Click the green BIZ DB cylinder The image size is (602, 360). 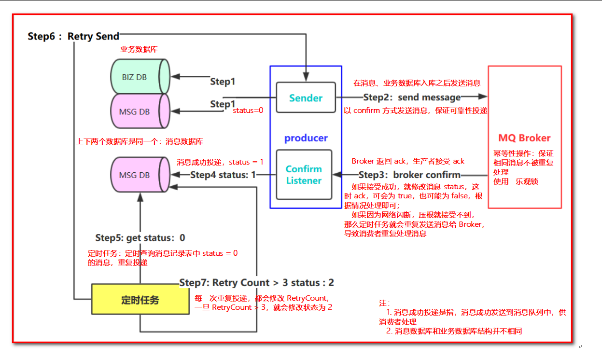139,76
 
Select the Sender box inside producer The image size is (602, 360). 306,98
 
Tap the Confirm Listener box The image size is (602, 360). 304,175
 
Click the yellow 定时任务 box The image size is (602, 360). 140,300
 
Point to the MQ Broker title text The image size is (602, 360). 524,138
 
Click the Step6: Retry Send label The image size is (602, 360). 73,36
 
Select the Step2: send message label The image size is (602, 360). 412,97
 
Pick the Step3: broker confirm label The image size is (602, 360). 409,175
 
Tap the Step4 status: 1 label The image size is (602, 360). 223,175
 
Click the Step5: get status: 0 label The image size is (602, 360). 140,237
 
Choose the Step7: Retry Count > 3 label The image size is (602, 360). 256,282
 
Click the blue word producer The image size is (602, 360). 306,138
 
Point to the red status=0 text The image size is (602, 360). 248,111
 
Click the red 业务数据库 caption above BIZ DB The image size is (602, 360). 139,50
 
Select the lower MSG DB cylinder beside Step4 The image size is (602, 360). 139,175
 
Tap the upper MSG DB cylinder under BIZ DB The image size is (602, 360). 139,111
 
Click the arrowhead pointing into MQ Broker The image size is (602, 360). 482,97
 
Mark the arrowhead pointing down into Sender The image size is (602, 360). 306,77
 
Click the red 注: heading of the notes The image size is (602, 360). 384,303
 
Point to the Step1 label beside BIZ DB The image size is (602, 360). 223,82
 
